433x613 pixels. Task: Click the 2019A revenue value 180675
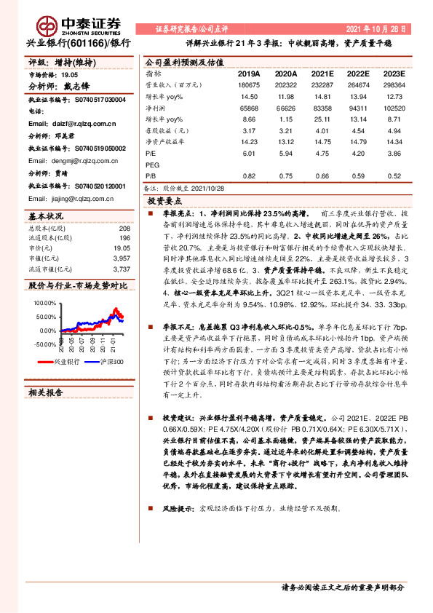pyautogui.click(x=248, y=85)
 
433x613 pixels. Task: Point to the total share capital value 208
pyautogui.click(x=124, y=228)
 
